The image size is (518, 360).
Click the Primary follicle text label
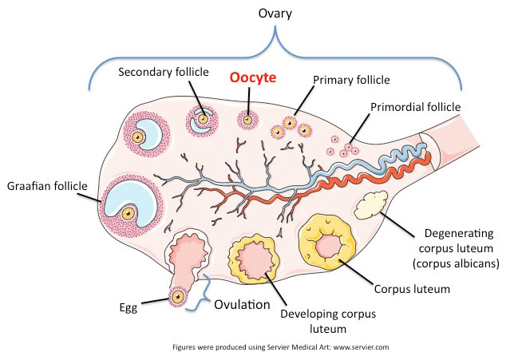click(x=351, y=80)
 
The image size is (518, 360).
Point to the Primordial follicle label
click(x=415, y=106)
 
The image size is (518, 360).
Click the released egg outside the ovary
click(x=176, y=299)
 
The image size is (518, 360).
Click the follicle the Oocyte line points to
click(x=249, y=121)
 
